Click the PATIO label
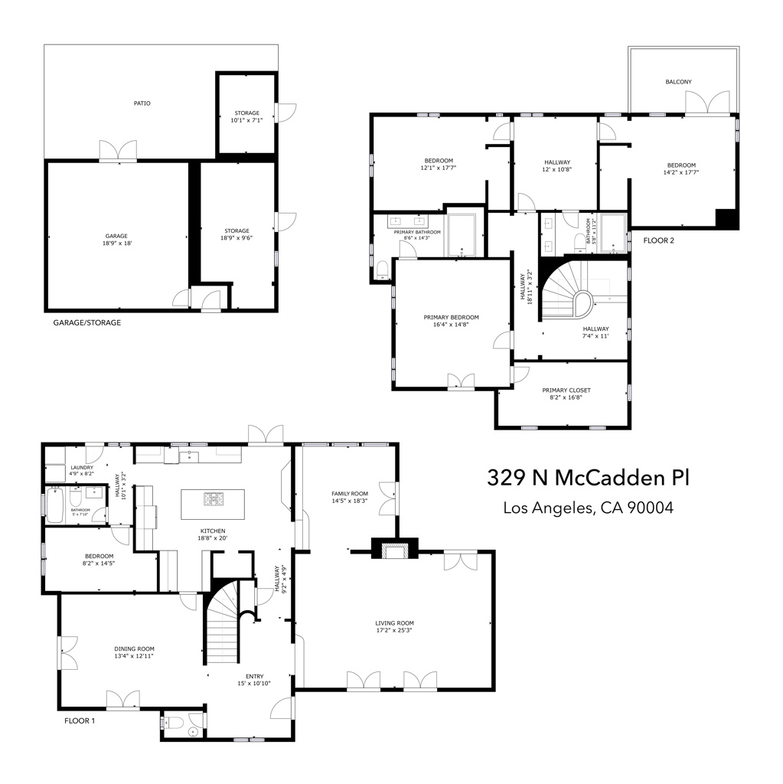click(x=142, y=103)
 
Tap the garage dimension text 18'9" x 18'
click(x=117, y=243)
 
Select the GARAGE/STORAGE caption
click(x=87, y=322)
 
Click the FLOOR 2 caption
click(x=658, y=240)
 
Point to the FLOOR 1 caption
click(x=80, y=720)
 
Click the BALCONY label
click(x=678, y=81)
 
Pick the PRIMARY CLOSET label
click(x=566, y=390)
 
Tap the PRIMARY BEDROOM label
click(x=451, y=317)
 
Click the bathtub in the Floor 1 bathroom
click(x=54, y=505)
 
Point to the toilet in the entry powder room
click(x=172, y=723)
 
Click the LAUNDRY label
click(x=82, y=468)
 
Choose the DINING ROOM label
click(x=134, y=648)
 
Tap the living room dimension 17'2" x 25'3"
click(x=394, y=631)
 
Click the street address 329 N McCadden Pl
click(x=588, y=478)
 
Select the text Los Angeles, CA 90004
click(x=588, y=508)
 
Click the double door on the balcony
click(x=707, y=103)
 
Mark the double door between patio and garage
click(x=118, y=151)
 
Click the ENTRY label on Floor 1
click(x=255, y=677)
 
